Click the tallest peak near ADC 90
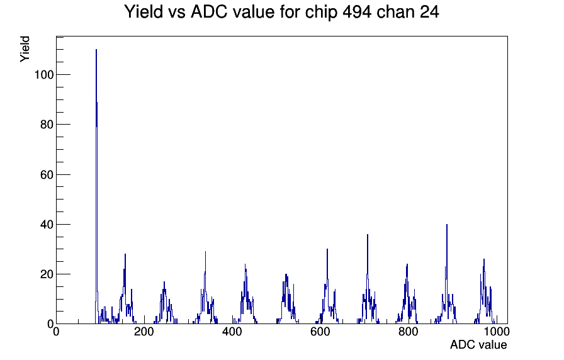(96, 50)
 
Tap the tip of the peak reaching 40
(447, 225)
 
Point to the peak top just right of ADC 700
(367, 235)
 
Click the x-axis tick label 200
(144, 332)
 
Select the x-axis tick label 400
(232, 332)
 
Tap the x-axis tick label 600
(320, 332)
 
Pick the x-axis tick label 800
(409, 332)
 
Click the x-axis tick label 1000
(497, 332)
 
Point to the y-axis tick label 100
(44, 75)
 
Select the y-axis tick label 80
(47, 125)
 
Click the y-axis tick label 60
(47, 174)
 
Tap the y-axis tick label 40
(47, 225)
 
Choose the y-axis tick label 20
(47, 274)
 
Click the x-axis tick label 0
(56, 332)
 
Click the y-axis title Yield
(25, 49)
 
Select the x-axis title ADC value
(478, 345)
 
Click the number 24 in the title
(429, 12)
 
